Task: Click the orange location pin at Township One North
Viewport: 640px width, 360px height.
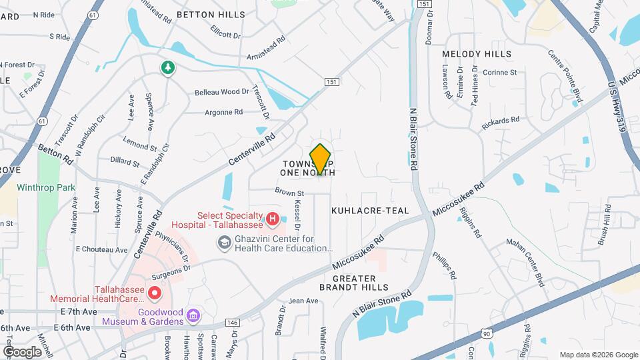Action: click(x=321, y=159)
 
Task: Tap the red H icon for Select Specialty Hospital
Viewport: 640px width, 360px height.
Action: click(x=272, y=218)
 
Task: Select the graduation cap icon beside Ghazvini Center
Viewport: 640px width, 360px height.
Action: click(x=225, y=244)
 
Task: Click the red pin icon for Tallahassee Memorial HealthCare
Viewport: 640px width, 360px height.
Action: click(x=155, y=292)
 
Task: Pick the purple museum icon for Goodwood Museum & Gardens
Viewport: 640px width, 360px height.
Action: click(x=193, y=315)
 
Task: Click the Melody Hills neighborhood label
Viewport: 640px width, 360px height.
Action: click(x=477, y=54)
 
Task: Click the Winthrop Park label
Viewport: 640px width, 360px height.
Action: click(x=46, y=188)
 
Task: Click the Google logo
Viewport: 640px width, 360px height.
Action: click(x=21, y=351)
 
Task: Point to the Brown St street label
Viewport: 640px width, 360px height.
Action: click(x=289, y=193)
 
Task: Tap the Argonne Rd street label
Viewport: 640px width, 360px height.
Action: click(x=223, y=113)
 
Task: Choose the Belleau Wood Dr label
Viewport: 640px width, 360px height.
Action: click(x=221, y=92)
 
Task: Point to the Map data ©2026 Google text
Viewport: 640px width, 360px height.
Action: click(x=598, y=355)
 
